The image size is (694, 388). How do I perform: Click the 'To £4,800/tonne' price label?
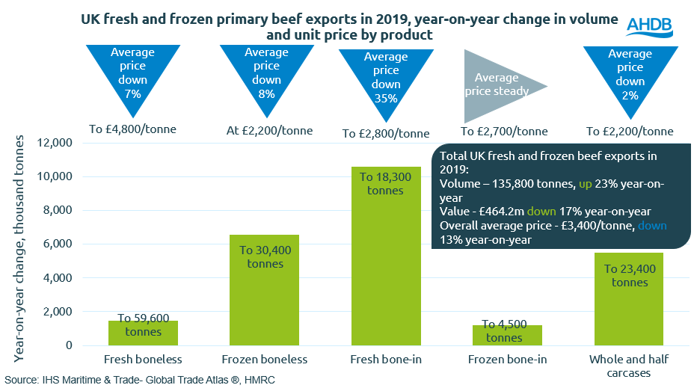[x=133, y=129]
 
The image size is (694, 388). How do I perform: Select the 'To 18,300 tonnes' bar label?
[x=386, y=183]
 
